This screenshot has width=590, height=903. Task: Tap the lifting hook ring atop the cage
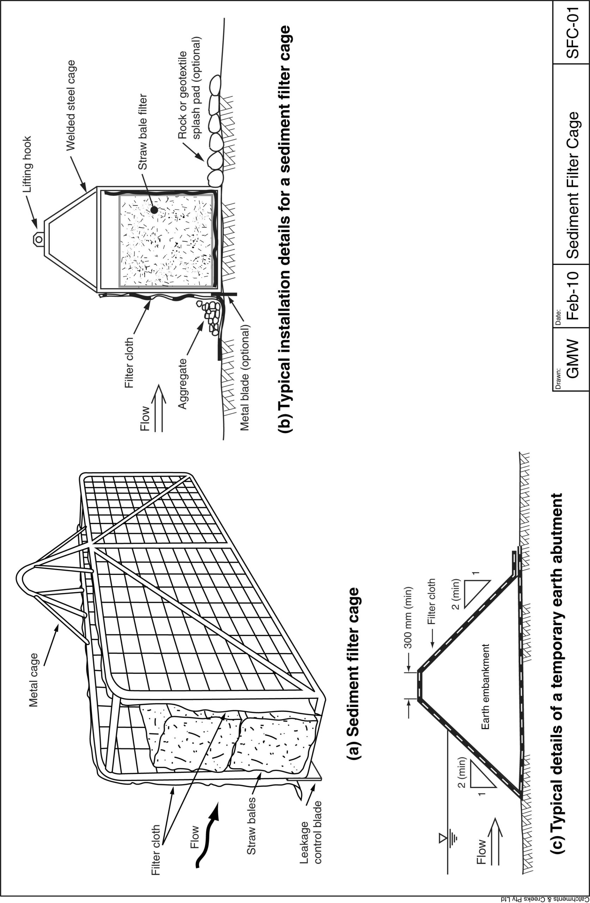pos(38,239)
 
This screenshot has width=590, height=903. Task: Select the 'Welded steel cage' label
pos(71,105)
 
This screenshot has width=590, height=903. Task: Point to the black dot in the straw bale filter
pos(154,210)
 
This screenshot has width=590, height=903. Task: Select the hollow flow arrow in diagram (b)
pos(159,408)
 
